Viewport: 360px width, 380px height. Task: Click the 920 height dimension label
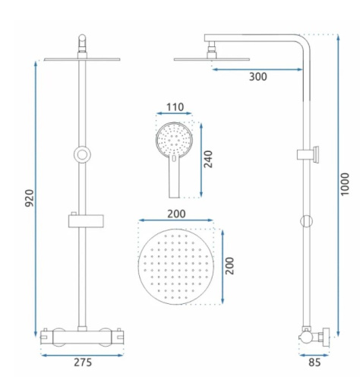click(x=30, y=198)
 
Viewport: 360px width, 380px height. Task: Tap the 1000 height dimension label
click(x=345, y=184)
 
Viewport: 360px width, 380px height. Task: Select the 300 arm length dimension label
click(x=258, y=77)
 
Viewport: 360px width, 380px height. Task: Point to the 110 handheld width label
click(x=175, y=107)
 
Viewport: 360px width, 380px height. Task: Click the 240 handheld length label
click(x=209, y=159)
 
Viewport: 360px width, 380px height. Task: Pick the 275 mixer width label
click(x=83, y=363)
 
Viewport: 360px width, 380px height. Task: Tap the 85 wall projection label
click(x=314, y=363)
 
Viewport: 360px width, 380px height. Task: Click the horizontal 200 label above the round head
click(x=176, y=214)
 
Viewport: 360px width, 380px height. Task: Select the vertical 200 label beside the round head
click(x=230, y=266)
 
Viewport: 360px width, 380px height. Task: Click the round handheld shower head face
click(x=174, y=139)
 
